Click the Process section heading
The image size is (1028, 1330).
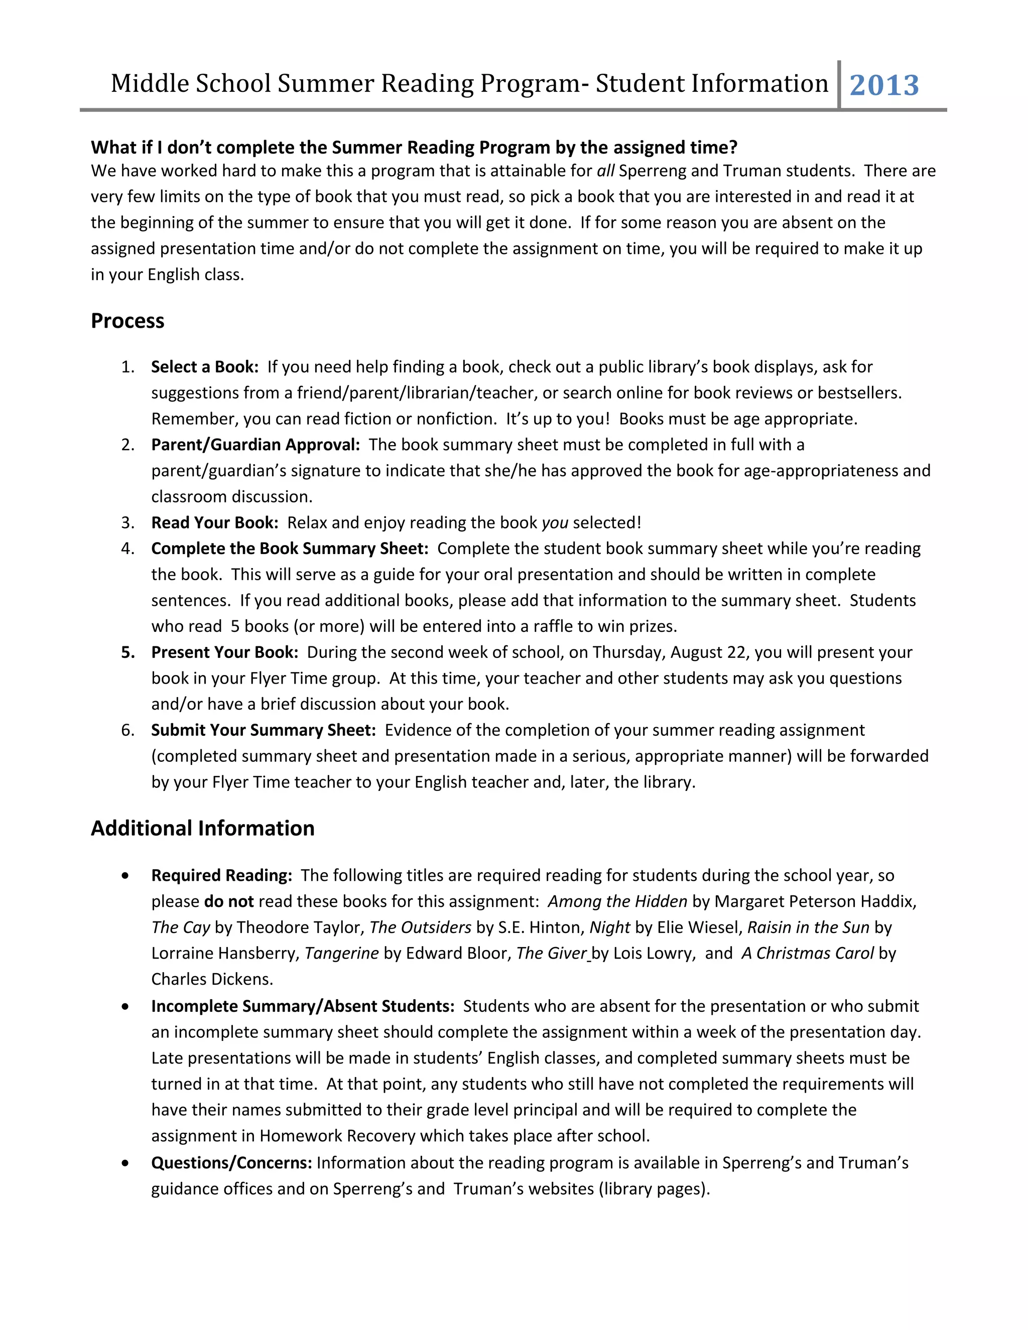coord(127,321)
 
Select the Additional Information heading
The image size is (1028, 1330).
coord(202,828)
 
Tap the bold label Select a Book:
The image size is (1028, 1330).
coord(205,366)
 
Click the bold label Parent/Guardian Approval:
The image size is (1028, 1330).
coord(255,445)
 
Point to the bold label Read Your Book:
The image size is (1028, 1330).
coord(214,522)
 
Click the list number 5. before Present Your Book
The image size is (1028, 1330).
coord(128,652)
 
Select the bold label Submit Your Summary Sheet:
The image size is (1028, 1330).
coord(263,730)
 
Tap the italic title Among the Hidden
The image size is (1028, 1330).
coord(617,901)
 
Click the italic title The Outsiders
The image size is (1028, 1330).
coord(420,927)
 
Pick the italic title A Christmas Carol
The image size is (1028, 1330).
coord(807,953)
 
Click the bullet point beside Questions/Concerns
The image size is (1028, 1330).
coord(125,1163)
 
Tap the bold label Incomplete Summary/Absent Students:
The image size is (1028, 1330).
coord(303,1006)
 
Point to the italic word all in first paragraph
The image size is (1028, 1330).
coord(605,171)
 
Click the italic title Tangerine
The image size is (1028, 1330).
coord(342,953)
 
